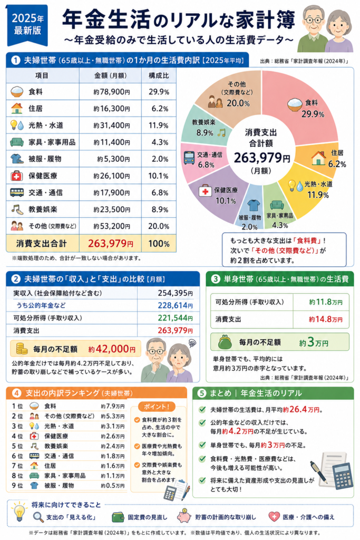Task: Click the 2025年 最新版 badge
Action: click(x=27, y=25)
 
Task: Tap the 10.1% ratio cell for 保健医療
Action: click(x=158, y=176)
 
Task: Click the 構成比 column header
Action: click(x=159, y=76)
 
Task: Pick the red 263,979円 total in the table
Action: click(x=111, y=244)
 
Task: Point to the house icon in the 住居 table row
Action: click(x=16, y=109)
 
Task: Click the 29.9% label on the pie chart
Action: click(x=313, y=114)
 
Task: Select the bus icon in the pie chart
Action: click(x=189, y=158)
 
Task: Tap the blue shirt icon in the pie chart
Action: click(x=254, y=205)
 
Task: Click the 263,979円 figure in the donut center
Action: click(x=262, y=158)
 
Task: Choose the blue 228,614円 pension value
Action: click(x=175, y=305)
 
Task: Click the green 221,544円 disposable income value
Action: click(x=175, y=318)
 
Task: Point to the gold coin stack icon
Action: click(x=21, y=349)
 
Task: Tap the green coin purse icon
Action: click(x=225, y=342)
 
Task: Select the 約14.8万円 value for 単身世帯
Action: click(x=326, y=319)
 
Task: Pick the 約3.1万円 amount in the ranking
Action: click(x=113, y=426)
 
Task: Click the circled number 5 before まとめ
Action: click(x=202, y=393)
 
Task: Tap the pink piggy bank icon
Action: click(x=184, y=516)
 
